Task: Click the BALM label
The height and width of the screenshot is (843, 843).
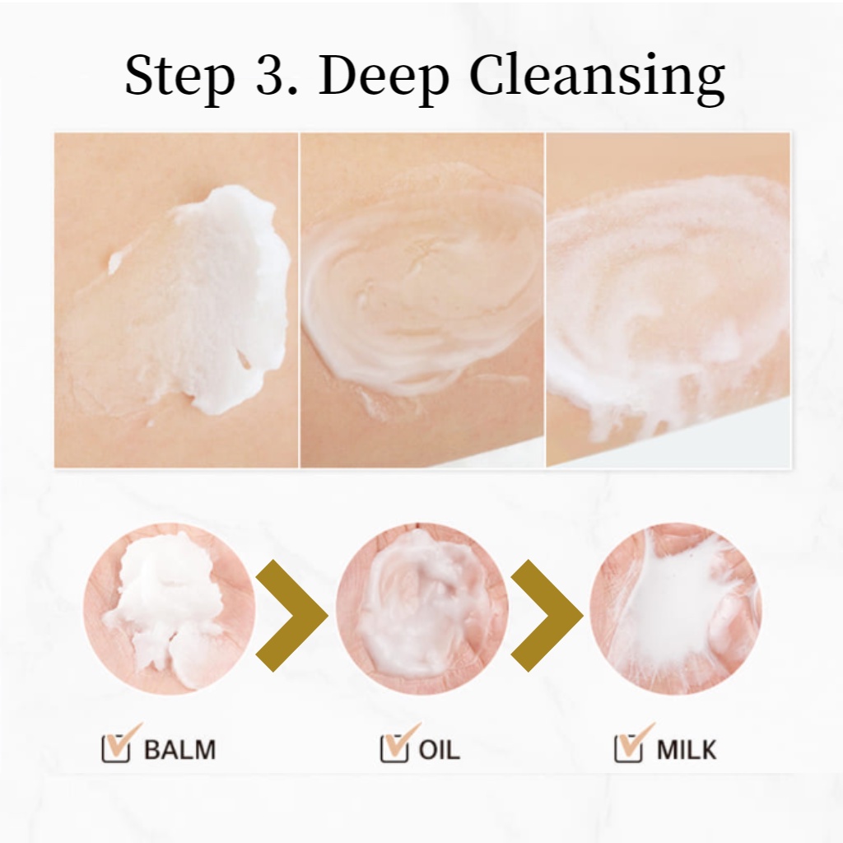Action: click(x=179, y=749)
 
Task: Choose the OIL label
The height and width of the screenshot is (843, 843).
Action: click(x=440, y=749)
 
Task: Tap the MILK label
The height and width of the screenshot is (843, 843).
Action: click(x=687, y=749)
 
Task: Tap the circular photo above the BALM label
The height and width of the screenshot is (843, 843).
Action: click(x=170, y=610)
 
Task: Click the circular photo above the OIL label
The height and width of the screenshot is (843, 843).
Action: click(x=422, y=610)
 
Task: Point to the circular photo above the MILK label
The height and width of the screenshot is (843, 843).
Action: click(x=676, y=610)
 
